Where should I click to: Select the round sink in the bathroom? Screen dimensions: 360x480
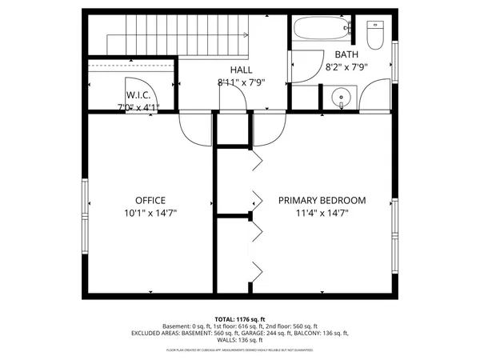point(342,99)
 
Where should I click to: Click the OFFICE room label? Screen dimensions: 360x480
point(150,200)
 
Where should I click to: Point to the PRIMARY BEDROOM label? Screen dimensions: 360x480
point(322,200)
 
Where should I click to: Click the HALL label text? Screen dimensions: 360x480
point(241,70)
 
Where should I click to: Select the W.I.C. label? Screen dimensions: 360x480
point(138,94)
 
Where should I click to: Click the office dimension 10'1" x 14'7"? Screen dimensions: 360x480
point(150,214)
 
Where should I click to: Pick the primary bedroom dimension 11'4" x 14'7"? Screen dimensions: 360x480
point(322,214)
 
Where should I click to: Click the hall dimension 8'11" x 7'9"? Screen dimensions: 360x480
point(241,82)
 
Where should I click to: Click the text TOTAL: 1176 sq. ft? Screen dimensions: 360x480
point(240,318)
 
